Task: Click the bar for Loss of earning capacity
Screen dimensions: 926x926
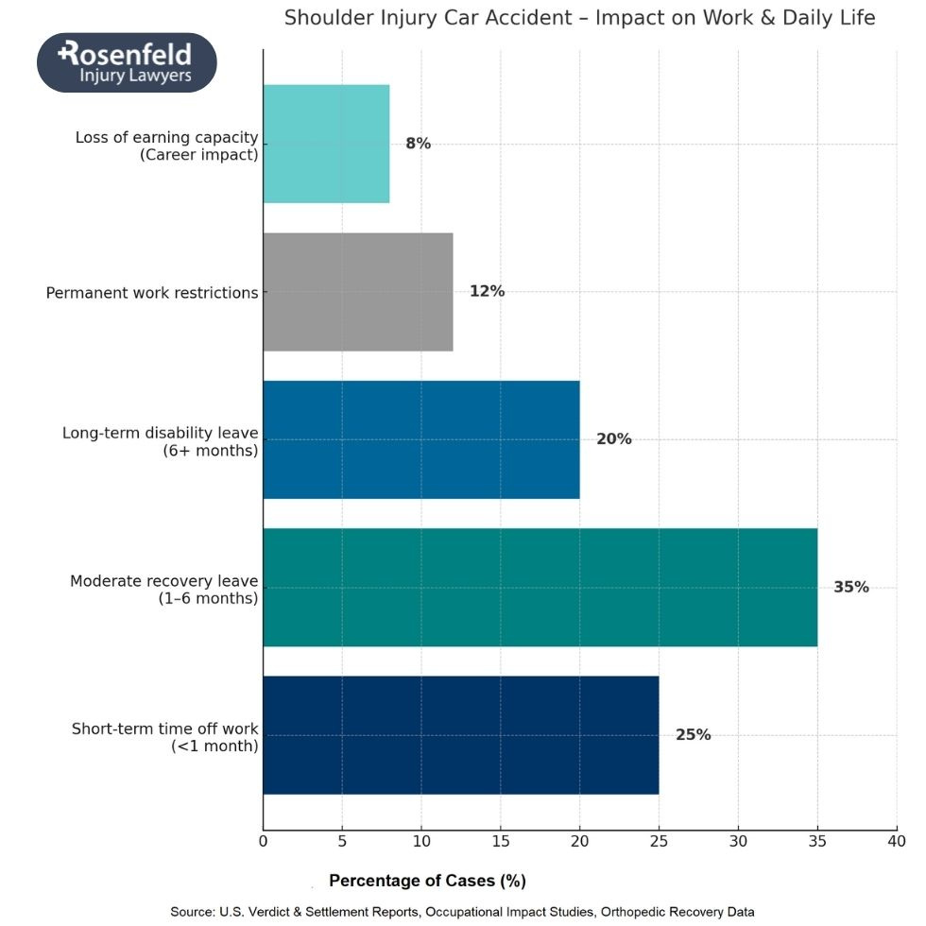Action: [326, 144]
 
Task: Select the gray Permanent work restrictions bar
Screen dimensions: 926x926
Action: [358, 292]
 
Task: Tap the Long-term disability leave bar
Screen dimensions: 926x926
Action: [421, 439]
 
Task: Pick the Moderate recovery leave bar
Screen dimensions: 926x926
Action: [540, 587]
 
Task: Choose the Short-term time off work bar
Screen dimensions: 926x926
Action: [461, 735]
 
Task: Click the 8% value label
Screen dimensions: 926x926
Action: [418, 144]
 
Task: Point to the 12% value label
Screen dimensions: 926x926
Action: [487, 291]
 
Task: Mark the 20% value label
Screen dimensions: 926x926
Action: [613, 439]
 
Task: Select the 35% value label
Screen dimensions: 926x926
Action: [850, 587]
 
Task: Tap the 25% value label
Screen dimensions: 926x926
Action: [693, 734]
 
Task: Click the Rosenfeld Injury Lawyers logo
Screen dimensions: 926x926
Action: [127, 62]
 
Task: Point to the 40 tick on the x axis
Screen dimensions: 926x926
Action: [896, 839]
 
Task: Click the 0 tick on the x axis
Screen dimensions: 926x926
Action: [264, 839]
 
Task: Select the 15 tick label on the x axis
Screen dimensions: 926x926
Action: [501, 839]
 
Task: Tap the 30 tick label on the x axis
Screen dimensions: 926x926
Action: [738, 839]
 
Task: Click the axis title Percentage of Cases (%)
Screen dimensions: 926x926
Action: [427, 881]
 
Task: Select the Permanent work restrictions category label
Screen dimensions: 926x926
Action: [152, 293]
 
